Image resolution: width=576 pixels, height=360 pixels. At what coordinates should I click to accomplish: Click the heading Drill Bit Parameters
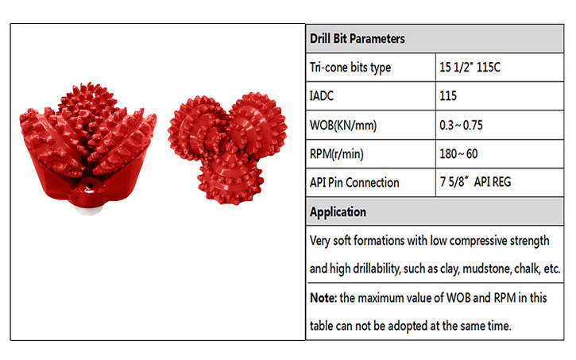(x=357, y=39)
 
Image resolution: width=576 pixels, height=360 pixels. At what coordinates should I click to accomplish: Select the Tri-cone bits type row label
(x=350, y=68)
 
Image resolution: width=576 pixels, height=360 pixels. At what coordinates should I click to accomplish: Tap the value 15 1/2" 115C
(x=470, y=68)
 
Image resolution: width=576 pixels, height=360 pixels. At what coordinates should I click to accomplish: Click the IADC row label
(x=322, y=96)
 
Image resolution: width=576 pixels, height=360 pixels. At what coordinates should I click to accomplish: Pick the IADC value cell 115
(x=448, y=96)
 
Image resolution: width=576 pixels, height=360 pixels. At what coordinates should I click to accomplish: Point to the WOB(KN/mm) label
(x=343, y=126)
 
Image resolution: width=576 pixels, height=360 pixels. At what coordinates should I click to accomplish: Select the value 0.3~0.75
(x=461, y=126)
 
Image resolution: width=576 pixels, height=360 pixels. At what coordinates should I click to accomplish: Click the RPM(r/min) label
(x=337, y=154)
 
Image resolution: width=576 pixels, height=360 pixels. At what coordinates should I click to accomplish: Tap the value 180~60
(x=458, y=153)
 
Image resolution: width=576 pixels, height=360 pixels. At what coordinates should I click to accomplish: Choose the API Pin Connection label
(x=354, y=183)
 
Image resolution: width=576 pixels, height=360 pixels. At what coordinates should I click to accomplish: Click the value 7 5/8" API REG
(x=475, y=182)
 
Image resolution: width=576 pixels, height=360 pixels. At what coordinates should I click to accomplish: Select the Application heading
(x=338, y=212)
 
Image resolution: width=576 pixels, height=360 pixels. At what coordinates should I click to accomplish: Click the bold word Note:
(x=323, y=297)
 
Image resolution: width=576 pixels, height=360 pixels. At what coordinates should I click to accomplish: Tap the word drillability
(x=376, y=269)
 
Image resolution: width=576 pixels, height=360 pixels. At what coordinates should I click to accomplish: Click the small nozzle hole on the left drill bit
(x=89, y=186)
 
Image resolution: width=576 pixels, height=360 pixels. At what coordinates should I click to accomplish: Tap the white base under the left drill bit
(x=88, y=209)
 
